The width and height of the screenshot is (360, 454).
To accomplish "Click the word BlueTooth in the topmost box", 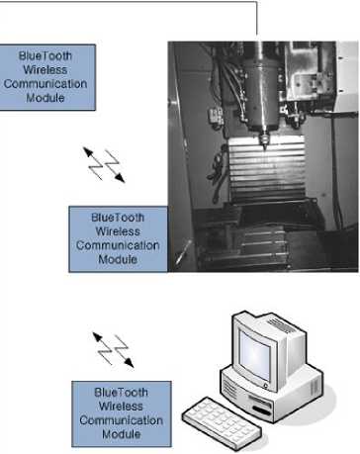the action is pos(45,55).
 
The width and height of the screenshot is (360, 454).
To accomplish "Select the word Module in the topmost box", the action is pos(45,98).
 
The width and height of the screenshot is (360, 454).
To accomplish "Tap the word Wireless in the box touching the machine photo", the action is pos(118,231).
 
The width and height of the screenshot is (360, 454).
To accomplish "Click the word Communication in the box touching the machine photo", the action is pos(118,245).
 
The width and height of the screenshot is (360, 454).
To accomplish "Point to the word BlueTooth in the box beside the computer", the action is pos(121,393).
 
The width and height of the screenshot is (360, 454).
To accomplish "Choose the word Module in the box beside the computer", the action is pos(122,434).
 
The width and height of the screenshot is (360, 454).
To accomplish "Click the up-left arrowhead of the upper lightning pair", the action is pos(88,152).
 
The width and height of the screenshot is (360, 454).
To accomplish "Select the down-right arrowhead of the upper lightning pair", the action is pos(120,178).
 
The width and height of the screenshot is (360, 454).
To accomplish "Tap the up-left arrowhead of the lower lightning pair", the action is pos(97,337).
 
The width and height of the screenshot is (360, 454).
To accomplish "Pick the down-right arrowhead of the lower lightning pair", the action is pos(129,363).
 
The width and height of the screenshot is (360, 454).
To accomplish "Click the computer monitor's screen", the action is pos(254,355).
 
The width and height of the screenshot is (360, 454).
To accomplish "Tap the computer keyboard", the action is pos(222,423).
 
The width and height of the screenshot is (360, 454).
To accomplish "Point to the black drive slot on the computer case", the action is pos(262,410).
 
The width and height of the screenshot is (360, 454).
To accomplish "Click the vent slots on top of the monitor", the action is pos(281,324).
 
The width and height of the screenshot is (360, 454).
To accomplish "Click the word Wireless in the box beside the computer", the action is pos(121,407).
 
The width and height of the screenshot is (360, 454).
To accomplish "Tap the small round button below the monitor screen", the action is pos(265,385).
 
